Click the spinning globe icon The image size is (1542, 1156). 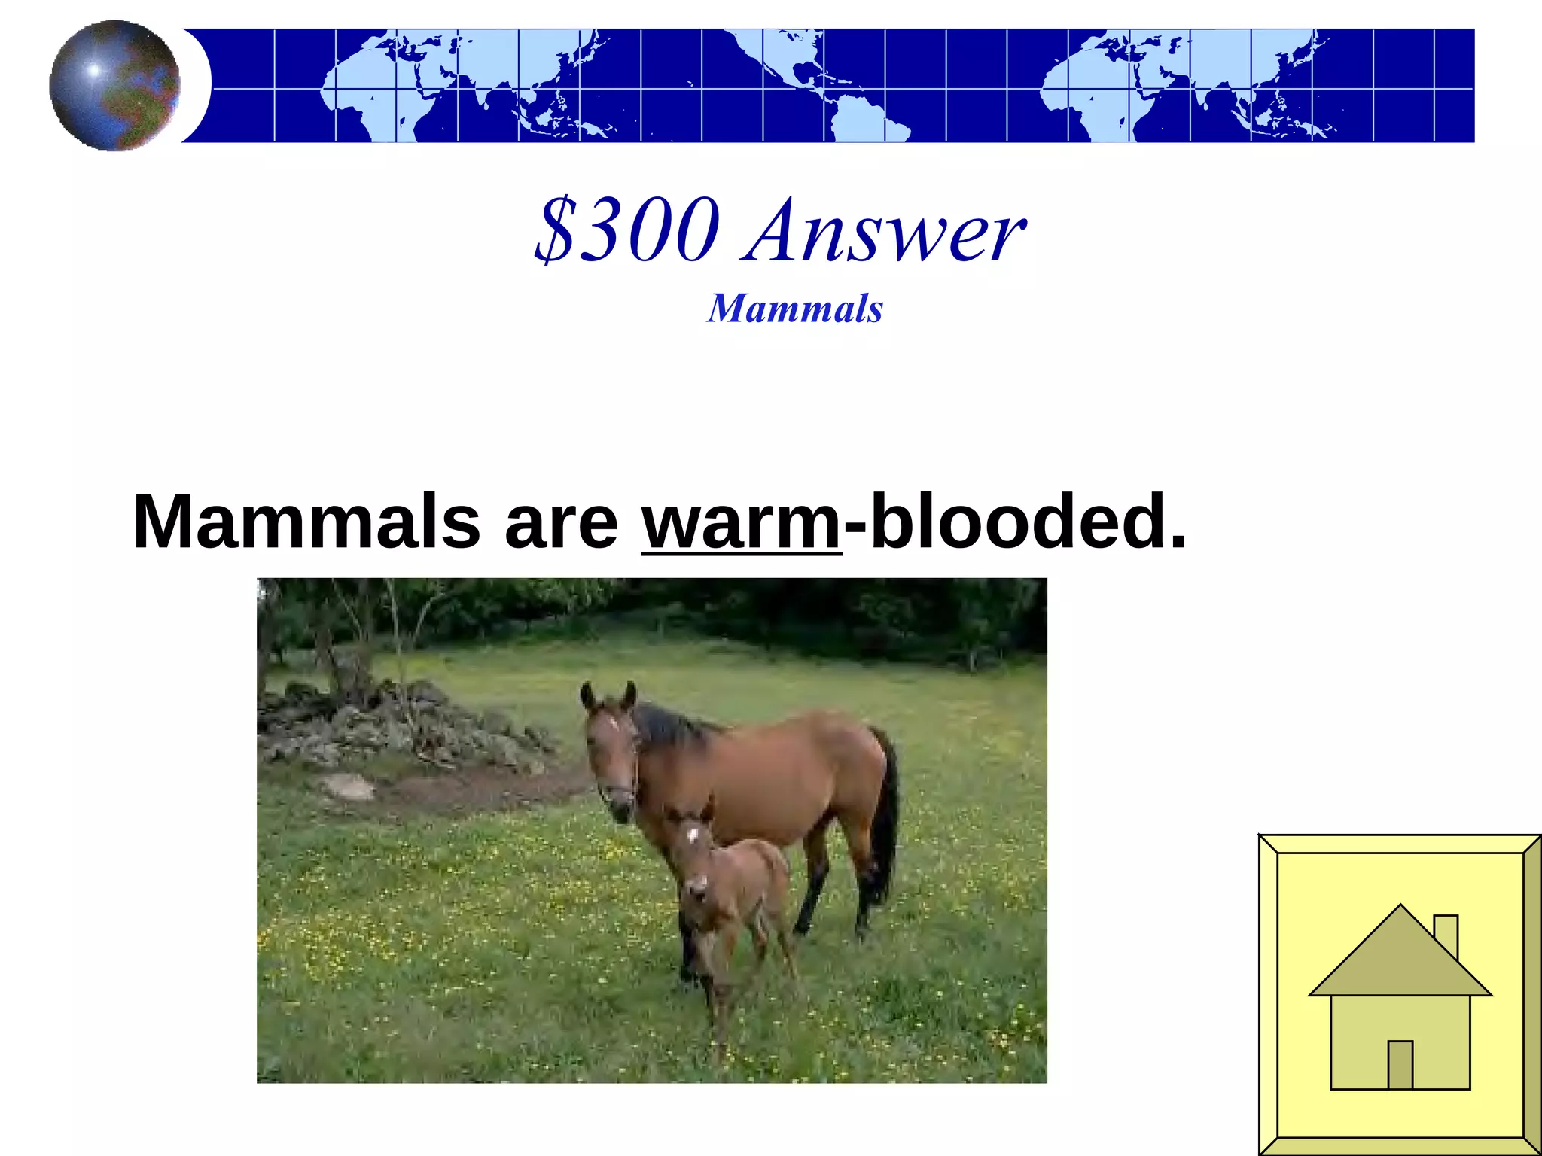114,85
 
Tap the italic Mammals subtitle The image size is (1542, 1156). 794,309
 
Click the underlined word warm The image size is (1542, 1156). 741,522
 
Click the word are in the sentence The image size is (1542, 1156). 561,524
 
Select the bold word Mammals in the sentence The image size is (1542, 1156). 306,522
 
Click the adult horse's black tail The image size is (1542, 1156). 885,813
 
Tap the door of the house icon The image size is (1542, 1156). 1400,1064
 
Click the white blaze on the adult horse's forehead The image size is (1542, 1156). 611,723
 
